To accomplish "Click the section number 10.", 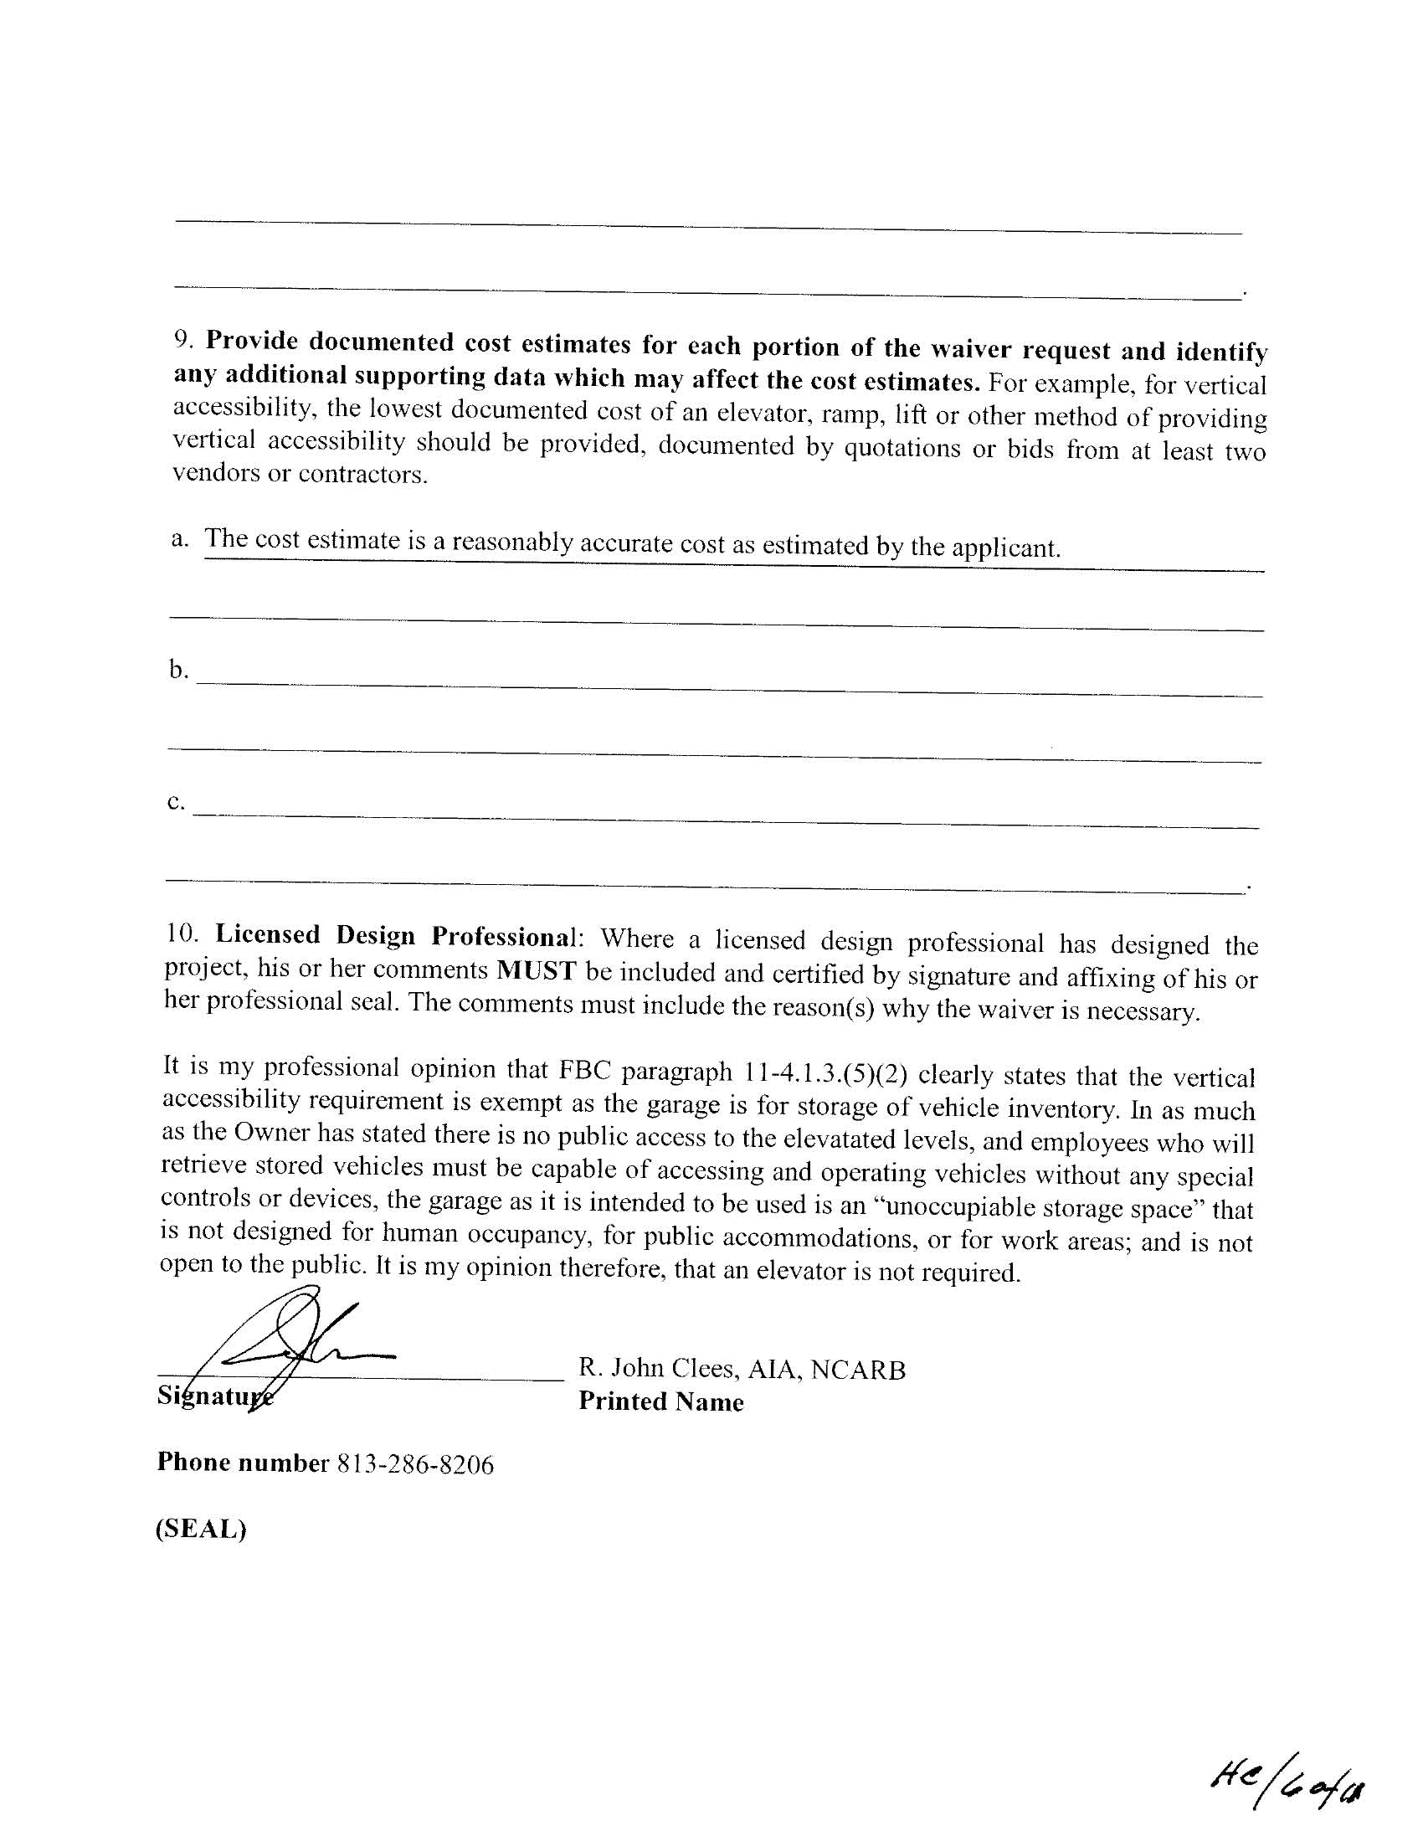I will [x=181, y=933].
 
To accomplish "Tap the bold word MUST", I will [x=537, y=970].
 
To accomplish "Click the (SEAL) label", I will [x=201, y=1528].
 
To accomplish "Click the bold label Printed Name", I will [x=661, y=1401].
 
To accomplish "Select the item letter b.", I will [x=176, y=669].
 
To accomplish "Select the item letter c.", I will [x=174, y=801].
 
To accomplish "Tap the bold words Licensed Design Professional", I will [x=394, y=935].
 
